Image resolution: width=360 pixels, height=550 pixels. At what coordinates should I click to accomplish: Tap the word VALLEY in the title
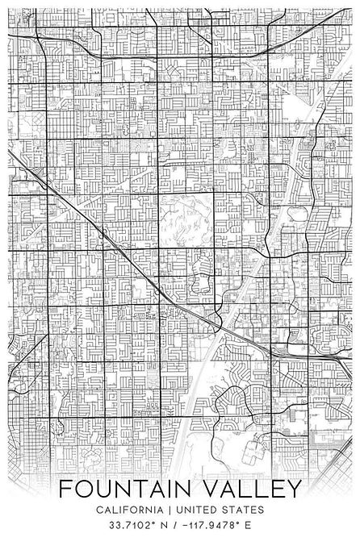253,490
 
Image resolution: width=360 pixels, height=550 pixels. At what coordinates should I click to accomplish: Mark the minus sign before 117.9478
184,529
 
